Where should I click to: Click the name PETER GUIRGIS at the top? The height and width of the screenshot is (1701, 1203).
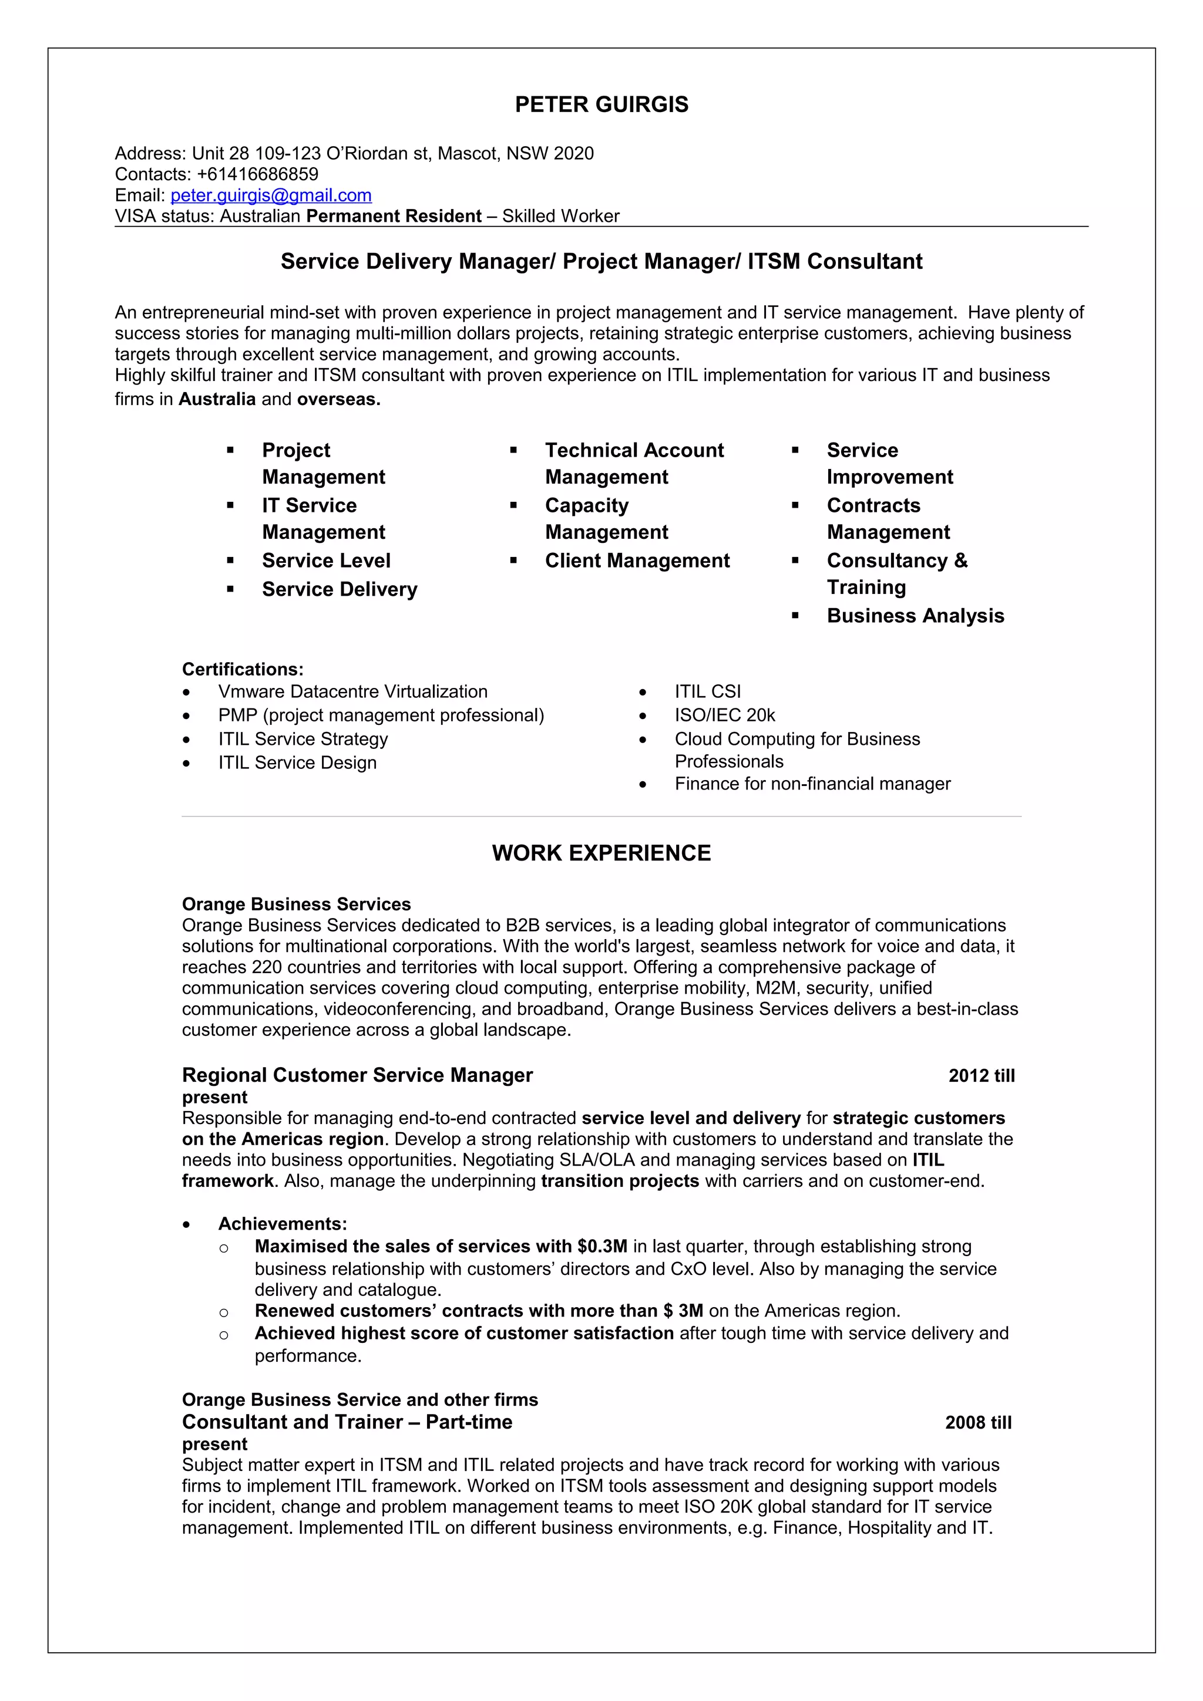[x=601, y=104]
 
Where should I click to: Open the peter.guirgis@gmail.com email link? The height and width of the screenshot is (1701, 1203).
[x=271, y=195]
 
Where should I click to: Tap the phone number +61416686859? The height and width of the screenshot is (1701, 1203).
[x=257, y=174]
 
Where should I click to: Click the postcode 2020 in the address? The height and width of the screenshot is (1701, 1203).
[x=574, y=153]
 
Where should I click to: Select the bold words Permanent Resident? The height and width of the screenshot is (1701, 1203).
[x=394, y=217]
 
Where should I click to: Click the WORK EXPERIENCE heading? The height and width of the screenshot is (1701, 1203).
[x=601, y=853]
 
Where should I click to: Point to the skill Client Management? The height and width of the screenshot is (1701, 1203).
[x=637, y=561]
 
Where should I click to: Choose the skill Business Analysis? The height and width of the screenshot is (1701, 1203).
[x=915, y=616]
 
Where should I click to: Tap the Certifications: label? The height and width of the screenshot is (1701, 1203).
[x=243, y=669]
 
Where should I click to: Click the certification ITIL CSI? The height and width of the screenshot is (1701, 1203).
[x=707, y=691]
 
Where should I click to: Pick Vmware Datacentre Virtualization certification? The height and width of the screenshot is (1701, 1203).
[x=353, y=691]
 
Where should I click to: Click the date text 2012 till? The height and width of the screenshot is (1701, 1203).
[x=980, y=1076]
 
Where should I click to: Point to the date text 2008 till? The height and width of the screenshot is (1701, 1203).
[x=977, y=1422]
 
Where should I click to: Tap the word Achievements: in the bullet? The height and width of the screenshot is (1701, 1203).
[x=283, y=1224]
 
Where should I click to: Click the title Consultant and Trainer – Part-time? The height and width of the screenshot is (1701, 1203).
[x=347, y=1422]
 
